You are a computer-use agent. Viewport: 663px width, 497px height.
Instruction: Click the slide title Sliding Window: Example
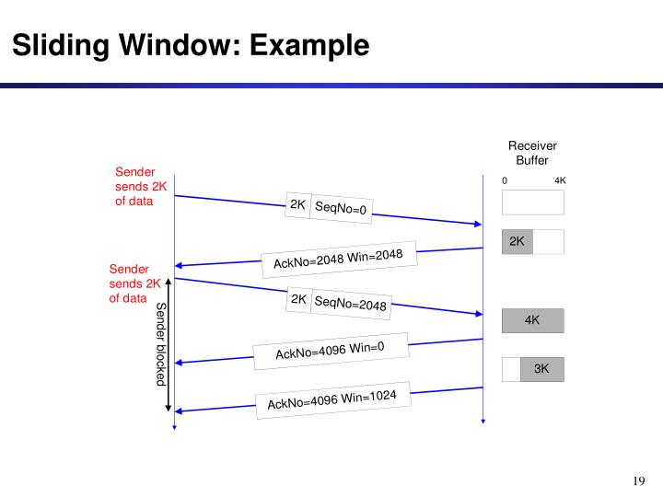click(x=191, y=44)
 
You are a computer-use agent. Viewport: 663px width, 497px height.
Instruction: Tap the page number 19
click(x=640, y=480)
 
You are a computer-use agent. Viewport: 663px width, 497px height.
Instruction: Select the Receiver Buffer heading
click(x=532, y=153)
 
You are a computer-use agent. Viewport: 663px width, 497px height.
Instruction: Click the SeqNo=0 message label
click(x=341, y=209)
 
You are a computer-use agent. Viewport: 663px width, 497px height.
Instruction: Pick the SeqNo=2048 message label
click(x=350, y=304)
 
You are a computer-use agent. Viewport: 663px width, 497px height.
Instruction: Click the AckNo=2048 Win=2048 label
click(x=338, y=260)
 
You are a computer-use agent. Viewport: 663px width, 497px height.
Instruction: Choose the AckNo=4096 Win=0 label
click(x=330, y=351)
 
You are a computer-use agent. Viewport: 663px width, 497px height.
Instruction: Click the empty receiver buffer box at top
click(x=532, y=202)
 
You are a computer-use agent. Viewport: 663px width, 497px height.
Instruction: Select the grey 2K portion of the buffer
click(x=517, y=241)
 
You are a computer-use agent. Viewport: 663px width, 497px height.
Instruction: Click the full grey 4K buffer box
click(x=532, y=320)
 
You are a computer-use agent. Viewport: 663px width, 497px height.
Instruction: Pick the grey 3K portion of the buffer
click(x=541, y=369)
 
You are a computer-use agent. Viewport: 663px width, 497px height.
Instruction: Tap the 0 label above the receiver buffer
click(x=505, y=180)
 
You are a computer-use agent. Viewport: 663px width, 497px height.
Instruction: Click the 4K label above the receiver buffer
click(x=560, y=180)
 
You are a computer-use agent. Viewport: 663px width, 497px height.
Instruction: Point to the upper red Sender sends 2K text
click(x=134, y=186)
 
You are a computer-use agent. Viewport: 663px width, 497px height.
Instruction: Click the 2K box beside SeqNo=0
click(x=297, y=204)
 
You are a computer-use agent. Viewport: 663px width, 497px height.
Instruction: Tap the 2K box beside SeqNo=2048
click(x=298, y=299)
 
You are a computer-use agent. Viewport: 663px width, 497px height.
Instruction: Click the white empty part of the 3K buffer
click(x=511, y=369)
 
